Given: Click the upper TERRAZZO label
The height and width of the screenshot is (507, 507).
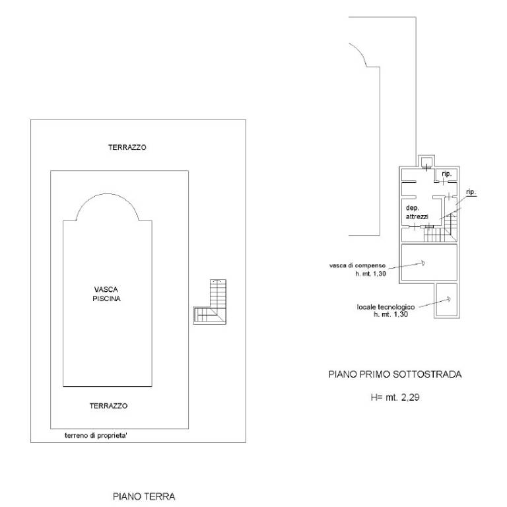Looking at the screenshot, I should pyautogui.click(x=127, y=147).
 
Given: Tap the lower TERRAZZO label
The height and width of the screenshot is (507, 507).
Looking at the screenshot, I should pyautogui.click(x=108, y=406).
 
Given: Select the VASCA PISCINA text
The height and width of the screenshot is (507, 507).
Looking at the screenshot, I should pyautogui.click(x=107, y=294).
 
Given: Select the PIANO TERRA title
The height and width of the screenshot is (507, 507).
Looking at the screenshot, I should pyautogui.click(x=144, y=496).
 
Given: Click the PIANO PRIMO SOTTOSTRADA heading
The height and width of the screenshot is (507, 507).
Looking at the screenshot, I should pyautogui.click(x=395, y=374).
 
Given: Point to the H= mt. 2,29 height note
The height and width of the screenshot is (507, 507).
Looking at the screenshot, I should pyautogui.click(x=395, y=398).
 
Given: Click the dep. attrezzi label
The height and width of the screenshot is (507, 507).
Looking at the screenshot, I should pyautogui.click(x=417, y=211).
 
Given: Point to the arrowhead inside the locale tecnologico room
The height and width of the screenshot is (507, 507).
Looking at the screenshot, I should pyautogui.click(x=448, y=299).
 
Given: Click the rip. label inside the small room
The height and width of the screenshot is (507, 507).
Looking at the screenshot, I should pyautogui.click(x=447, y=174).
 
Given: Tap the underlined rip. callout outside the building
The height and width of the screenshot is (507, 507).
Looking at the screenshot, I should pyautogui.click(x=471, y=191).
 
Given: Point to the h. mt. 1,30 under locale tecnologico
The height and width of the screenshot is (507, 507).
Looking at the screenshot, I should pyautogui.click(x=390, y=315).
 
